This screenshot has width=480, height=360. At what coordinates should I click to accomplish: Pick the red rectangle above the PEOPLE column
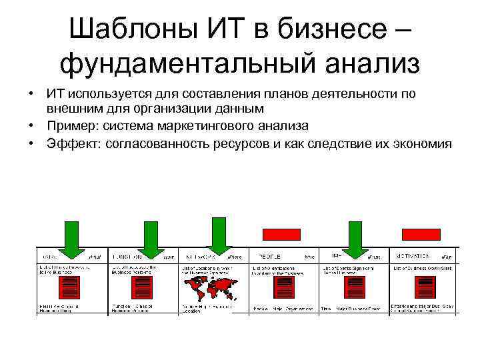point(281,233)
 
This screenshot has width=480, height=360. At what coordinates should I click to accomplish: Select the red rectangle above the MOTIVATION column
point(423,233)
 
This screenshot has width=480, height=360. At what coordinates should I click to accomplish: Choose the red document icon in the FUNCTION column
point(142,287)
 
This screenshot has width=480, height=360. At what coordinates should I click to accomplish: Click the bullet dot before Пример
point(31,125)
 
